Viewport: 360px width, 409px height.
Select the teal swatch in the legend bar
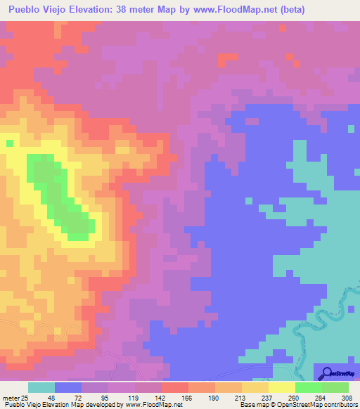[41, 387]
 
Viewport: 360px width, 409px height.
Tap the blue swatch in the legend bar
[68, 387]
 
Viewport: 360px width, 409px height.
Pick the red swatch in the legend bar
[175, 387]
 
